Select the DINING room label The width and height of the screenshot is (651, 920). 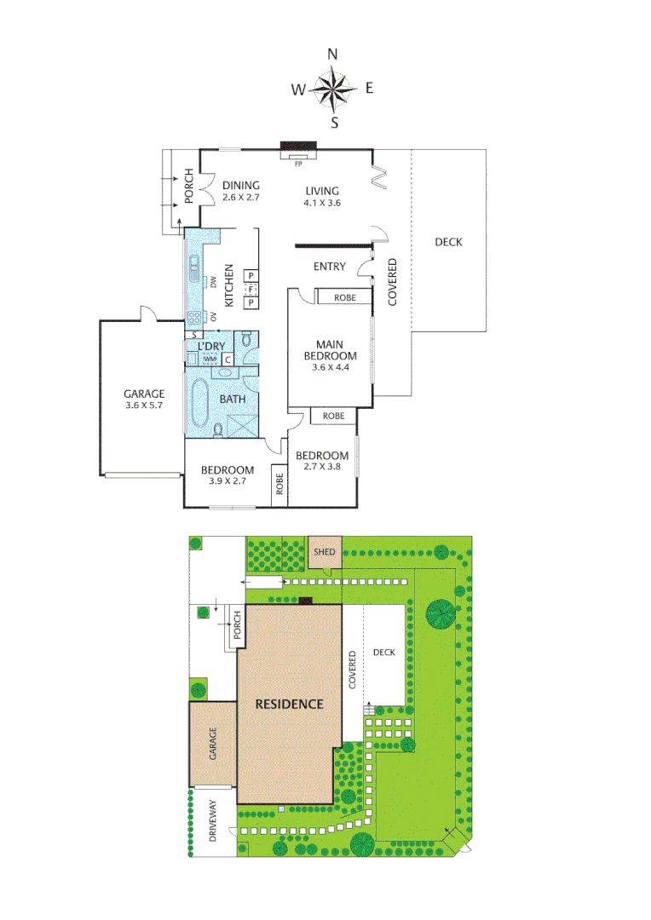pos(240,186)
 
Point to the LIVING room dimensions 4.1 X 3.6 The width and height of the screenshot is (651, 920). pos(322,203)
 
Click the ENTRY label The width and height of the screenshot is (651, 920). pos(330,267)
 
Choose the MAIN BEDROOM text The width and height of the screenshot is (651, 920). pos(331,350)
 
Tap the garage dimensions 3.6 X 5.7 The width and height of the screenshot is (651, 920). pos(144,405)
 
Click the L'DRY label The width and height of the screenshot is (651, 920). pos(210,346)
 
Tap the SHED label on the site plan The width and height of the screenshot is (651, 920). pos(325,552)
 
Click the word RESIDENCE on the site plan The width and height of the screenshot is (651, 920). pos(291,704)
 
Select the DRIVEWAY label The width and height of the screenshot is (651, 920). pos(213,821)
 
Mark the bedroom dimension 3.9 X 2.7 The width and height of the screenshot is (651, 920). pos(227,481)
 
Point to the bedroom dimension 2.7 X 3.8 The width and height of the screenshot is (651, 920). pos(322,467)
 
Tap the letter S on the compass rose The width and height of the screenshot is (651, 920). pos(335,123)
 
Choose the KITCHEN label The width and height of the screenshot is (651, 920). pos(228,286)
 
